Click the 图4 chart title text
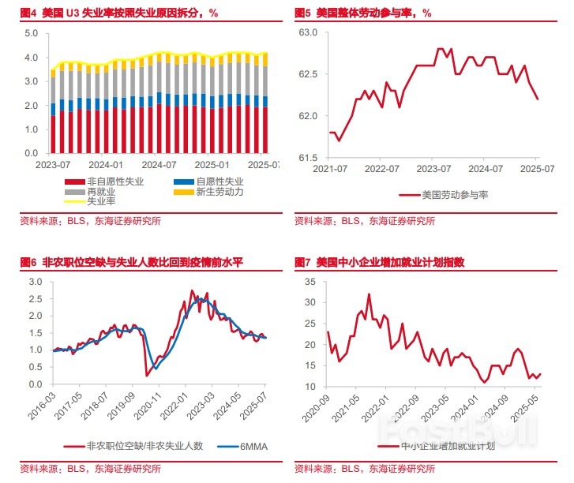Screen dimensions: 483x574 (x=118, y=13)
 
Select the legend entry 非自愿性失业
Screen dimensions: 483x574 (x=114, y=182)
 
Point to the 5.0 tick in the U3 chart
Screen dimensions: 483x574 (x=32, y=33)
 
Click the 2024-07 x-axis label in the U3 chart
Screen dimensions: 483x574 (x=159, y=165)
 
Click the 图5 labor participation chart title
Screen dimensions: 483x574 (x=362, y=13)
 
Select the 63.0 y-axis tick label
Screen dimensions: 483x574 (x=307, y=32)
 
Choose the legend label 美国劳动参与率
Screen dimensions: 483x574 (x=455, y=193)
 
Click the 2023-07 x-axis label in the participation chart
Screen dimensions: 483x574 (x=433, y=169)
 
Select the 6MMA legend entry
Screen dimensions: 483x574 (x=253, y=445)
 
